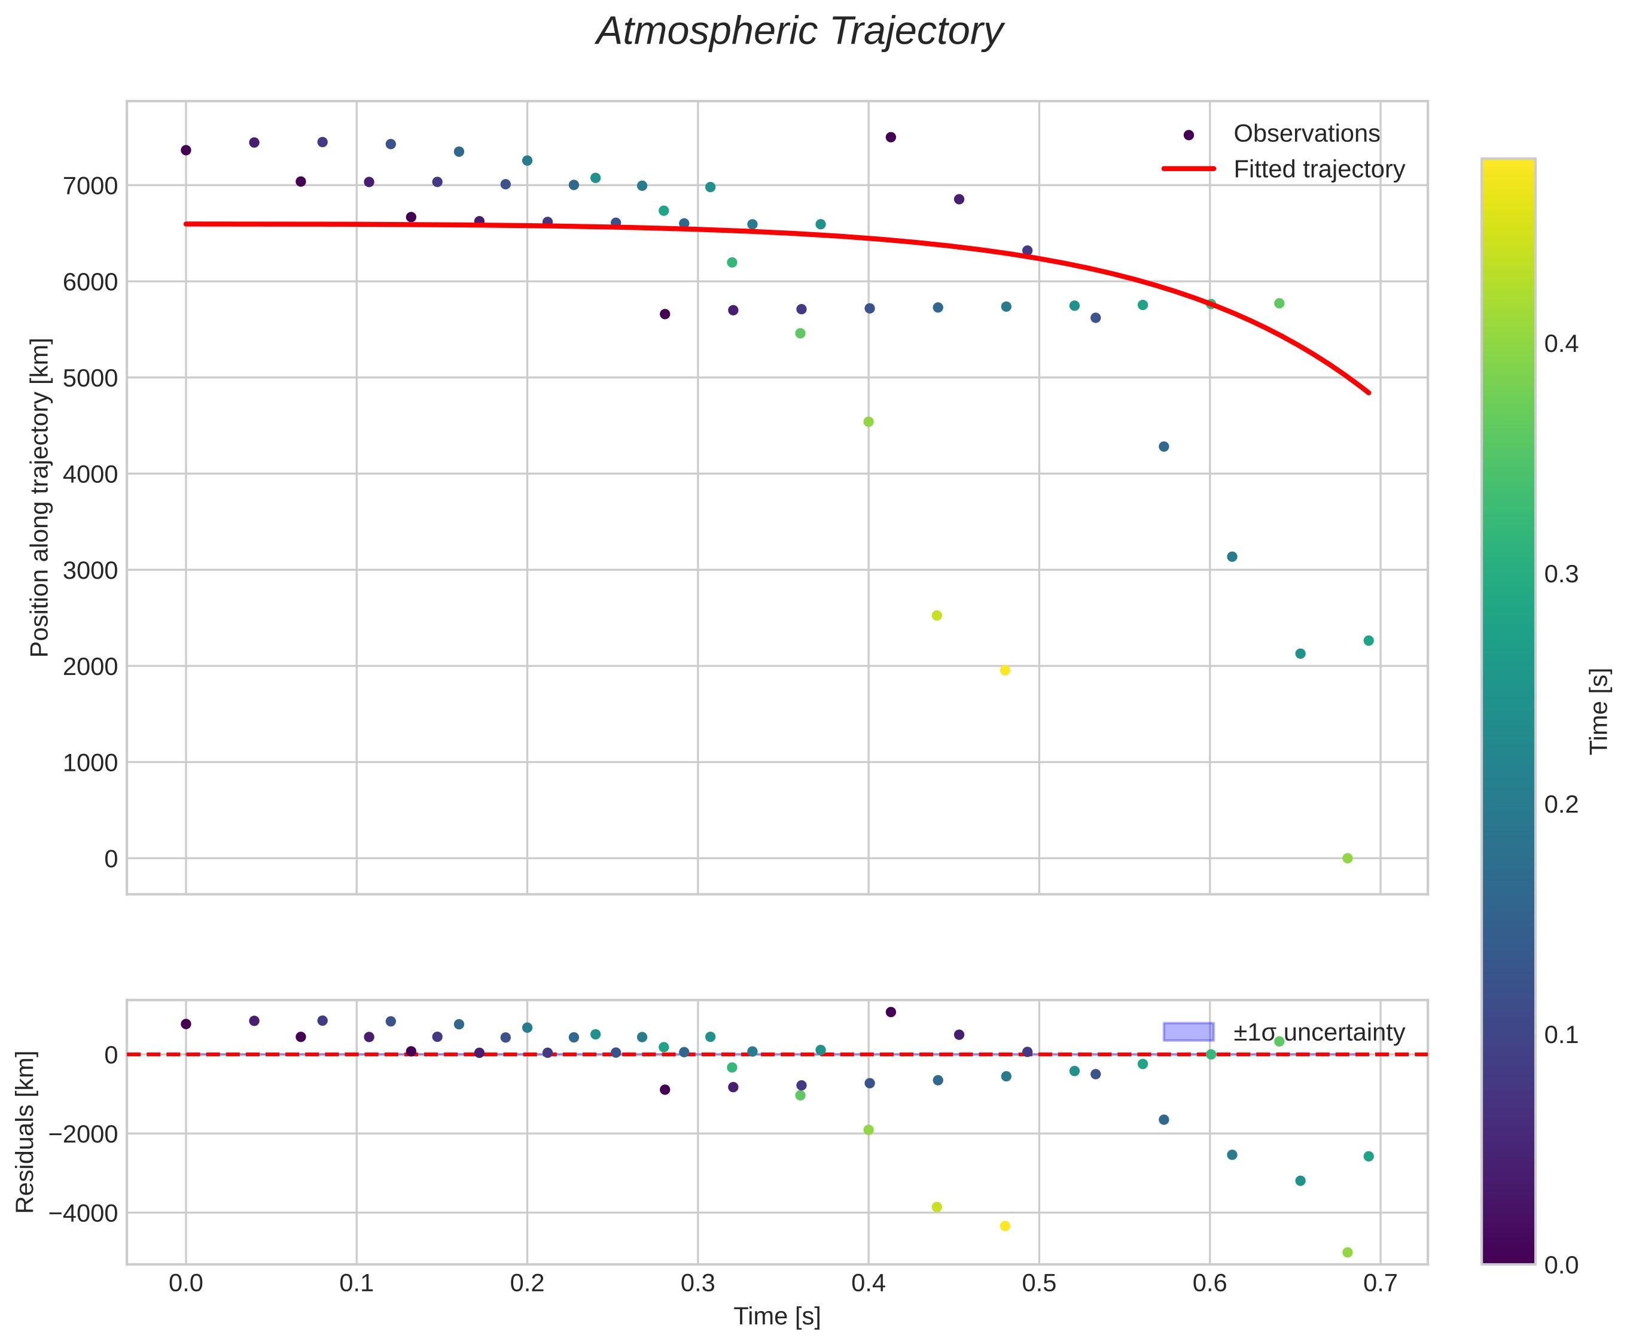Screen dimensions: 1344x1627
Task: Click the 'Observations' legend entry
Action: pos(1306,134)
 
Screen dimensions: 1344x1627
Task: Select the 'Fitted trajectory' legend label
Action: pos(1318,169)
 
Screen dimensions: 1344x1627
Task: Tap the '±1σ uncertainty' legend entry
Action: pos(1318,1033)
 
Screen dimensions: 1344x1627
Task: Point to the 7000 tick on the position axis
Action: pos(90,186)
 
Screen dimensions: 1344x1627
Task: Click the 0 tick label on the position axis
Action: pos(111,859)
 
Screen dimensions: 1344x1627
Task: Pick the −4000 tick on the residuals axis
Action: pos(83,1213)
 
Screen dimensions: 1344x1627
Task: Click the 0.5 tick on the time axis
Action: pos(1039,1284)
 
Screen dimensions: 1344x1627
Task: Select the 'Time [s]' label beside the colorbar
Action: pos(1598,711)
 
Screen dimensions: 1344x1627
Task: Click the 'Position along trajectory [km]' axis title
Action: pos(39,497)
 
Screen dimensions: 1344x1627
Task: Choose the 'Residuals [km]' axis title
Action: pos(26,1132)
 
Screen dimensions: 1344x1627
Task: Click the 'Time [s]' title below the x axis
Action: pos(776,1316)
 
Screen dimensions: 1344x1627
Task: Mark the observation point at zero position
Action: pos(1347,859)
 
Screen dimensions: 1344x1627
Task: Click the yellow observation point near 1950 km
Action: pos(1005,670)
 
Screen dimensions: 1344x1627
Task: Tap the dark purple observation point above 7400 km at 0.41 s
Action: pos(890,137)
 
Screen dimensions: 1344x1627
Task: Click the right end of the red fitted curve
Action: pos(1369,393)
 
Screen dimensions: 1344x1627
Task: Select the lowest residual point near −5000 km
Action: pos(1347,1252)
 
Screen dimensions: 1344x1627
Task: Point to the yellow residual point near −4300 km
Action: pos(1005,1226)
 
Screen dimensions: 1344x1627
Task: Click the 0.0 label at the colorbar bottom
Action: pos(1561,1265)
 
